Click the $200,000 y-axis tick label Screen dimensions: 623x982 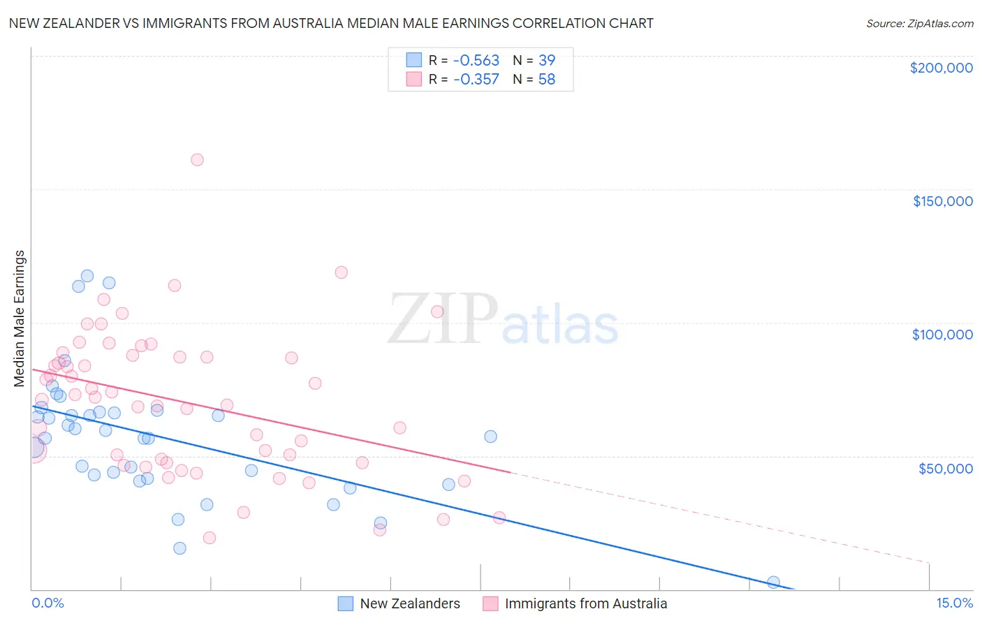(x=941, y=68)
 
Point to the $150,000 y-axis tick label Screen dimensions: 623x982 (x=942, y=201)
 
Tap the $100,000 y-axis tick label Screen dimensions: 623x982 (x=942, y=335)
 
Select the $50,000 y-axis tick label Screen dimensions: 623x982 (x=945, y=468)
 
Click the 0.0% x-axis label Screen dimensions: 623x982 (x=47, y=603)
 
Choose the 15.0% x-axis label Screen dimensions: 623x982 (x=954, y=603)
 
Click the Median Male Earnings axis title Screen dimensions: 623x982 (x=20, y=318)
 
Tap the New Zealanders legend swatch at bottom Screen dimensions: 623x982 (x=345, y=603)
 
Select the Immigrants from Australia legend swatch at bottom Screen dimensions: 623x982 (x=490, y=603)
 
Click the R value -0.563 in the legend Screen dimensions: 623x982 (x=476, y=61)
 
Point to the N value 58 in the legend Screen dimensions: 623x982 (x=547, y=80)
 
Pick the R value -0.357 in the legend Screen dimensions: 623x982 (x=476, y=80)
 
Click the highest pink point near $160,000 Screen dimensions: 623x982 (x=197, y=160)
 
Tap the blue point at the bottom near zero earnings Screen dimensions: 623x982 (x=773, y=582)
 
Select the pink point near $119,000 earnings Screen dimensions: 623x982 (x=342, y=272)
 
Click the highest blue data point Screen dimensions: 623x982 (x=87, y=276)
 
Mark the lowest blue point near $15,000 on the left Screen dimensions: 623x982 (x=179, y=548)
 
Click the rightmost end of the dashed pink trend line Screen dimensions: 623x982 (x=929, y=562)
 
